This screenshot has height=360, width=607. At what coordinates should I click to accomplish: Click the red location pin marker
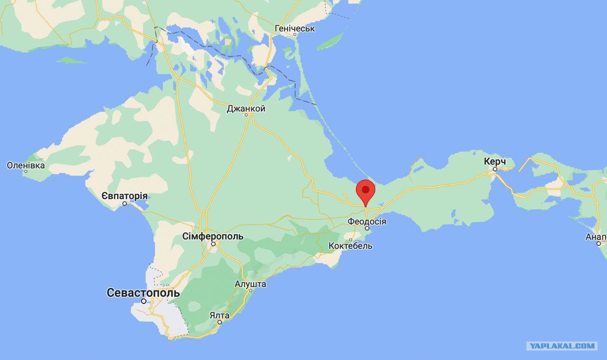[366, 191]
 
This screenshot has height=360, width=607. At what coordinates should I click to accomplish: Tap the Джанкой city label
[246, 109]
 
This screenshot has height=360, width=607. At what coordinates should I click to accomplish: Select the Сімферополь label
[213, 236]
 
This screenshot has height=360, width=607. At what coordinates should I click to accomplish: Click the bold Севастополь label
[143, 293]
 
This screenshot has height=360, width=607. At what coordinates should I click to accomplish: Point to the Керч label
[495, 161]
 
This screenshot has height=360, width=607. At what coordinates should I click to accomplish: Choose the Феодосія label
[367, 222]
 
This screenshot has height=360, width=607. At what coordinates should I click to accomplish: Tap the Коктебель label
[351, 246]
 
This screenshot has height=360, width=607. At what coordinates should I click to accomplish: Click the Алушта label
[250, 284]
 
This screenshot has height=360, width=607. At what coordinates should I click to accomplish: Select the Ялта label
[220, 315]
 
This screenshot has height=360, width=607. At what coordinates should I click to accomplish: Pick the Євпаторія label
[125, 196]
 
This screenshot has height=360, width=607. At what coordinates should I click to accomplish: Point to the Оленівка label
[26, 166]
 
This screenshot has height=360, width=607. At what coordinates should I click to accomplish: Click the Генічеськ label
[294, 28]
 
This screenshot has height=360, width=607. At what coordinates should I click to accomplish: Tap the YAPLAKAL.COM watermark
[562, 346]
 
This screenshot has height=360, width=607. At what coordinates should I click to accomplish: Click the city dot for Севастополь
[144, 301]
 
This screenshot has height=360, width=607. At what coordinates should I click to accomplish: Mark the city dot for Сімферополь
[214, 244]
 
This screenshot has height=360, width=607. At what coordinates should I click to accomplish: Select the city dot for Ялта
[220, 322]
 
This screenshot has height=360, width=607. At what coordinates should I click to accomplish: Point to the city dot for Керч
[495, 169]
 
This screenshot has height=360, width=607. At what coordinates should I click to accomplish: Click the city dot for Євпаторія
[125, 203]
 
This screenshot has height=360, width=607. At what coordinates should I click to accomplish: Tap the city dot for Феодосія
[367, 229]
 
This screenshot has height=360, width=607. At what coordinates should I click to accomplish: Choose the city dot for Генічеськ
[294, 35]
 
